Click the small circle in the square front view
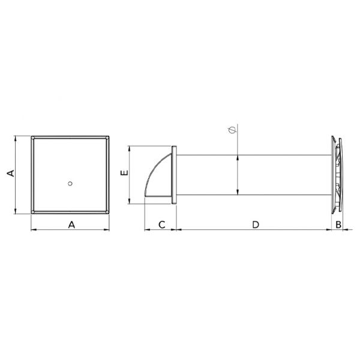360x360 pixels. (x=70, y=184)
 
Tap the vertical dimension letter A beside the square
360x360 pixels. (x=11, y=173)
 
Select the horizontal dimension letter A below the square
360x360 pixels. (x=71, y=224)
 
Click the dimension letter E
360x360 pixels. (x=124, y=173)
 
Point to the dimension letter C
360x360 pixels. (x=162, y=225)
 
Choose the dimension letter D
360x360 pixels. (x=256, y=225)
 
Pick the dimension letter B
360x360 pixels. (x=338, y=225)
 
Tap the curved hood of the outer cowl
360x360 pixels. (x=157, y=175)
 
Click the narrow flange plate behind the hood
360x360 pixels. (x=174, y=175)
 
